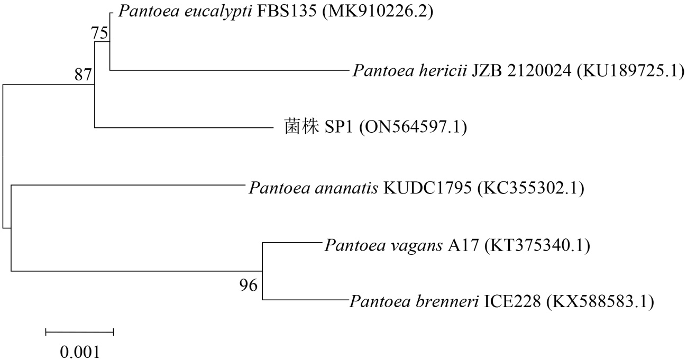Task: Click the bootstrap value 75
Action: point(99,34)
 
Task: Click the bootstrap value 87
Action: point(83,75)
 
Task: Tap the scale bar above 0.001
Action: point(80,332)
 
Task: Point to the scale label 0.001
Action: point(79,351)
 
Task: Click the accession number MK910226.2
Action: point(377,12)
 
